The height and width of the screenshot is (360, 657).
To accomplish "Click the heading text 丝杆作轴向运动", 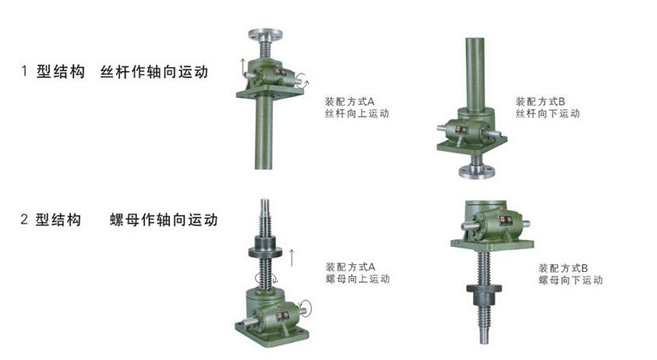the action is [x=154, y=72].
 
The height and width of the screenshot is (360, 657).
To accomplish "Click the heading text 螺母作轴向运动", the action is [x=164, y=220].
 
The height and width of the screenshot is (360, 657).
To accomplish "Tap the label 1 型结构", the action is [x=53, y=72].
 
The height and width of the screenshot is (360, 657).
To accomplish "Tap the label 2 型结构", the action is [x=51, y=220].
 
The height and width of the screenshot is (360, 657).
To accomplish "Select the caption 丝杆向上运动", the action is [x=357, y=114].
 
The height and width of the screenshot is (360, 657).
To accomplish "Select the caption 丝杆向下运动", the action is [x=548, y=114].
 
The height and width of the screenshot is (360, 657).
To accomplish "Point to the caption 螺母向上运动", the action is [x=358, y=279].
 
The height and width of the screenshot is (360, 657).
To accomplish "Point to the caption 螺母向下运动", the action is [x=570, y=280].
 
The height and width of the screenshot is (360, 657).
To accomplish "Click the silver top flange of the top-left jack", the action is [x=265, y=34].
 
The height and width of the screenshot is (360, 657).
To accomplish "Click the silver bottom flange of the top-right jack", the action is [x=477, y=172].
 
